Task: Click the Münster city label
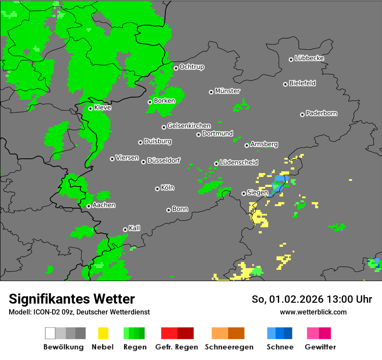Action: (227, 91)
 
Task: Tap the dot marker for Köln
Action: (157, 189)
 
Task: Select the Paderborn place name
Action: (322, 114)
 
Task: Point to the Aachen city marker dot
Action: (89, 206)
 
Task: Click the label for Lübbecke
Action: (310, 58)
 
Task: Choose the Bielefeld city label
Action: (303, 83)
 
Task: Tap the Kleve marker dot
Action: (90, 108)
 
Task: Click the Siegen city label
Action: (258, 193)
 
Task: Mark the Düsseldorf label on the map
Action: (164, 161)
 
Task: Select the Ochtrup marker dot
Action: (176, 68)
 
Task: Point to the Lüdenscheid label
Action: (239, 163)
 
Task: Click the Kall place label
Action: (135, 228)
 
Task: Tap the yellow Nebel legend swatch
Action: (103, 333)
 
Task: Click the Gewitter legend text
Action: (320, 347)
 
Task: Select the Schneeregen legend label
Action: (229, 347)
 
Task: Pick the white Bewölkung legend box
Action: (50, 333)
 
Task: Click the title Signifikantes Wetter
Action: (72, 299)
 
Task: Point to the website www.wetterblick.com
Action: (313, 312)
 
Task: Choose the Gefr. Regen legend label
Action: (177, 347)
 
